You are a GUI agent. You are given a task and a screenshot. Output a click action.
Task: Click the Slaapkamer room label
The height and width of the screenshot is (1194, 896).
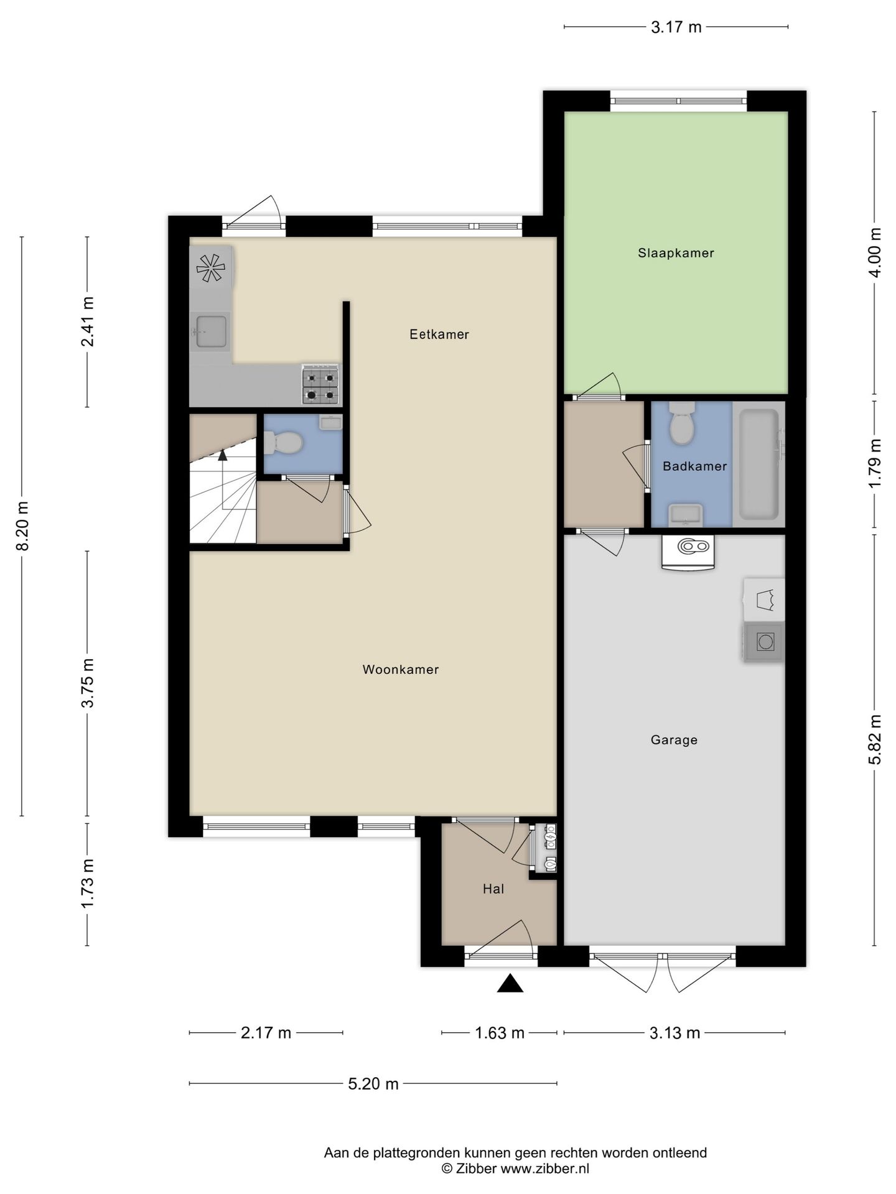(x=676, y=253)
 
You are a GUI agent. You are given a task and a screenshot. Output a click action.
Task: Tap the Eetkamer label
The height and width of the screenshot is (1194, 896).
(x=439, y=335)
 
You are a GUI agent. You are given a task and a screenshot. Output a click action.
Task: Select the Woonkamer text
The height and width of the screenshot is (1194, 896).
(x=401, y=670)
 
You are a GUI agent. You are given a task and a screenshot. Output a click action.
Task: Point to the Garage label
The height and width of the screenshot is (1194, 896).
(x=674, y=740)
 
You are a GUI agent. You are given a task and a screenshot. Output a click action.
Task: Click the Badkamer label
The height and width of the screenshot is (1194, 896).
(x=694, y=466)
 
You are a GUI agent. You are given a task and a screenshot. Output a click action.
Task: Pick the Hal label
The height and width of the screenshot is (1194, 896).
(x=493, y=889)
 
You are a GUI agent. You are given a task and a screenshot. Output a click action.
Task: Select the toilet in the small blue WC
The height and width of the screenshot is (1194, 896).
(x=283, y=443)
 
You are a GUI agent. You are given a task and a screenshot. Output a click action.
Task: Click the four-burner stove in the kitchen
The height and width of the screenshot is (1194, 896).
(x=321, y=385)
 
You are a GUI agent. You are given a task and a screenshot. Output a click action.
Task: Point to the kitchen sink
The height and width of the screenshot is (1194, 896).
(x=211, y=331)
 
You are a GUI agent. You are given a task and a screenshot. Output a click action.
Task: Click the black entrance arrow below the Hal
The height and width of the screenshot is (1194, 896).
(x=510, y=983)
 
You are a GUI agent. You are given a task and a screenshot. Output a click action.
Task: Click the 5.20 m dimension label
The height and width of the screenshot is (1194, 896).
(x=373, y=1084)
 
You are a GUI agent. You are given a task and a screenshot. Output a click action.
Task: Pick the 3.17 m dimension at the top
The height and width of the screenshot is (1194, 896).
(x=676, y=27)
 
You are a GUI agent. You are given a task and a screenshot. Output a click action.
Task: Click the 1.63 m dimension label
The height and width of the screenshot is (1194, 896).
(x=499, y=1033)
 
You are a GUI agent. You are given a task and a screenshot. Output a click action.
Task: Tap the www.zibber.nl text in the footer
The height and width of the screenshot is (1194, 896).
(x=544, y=1169)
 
